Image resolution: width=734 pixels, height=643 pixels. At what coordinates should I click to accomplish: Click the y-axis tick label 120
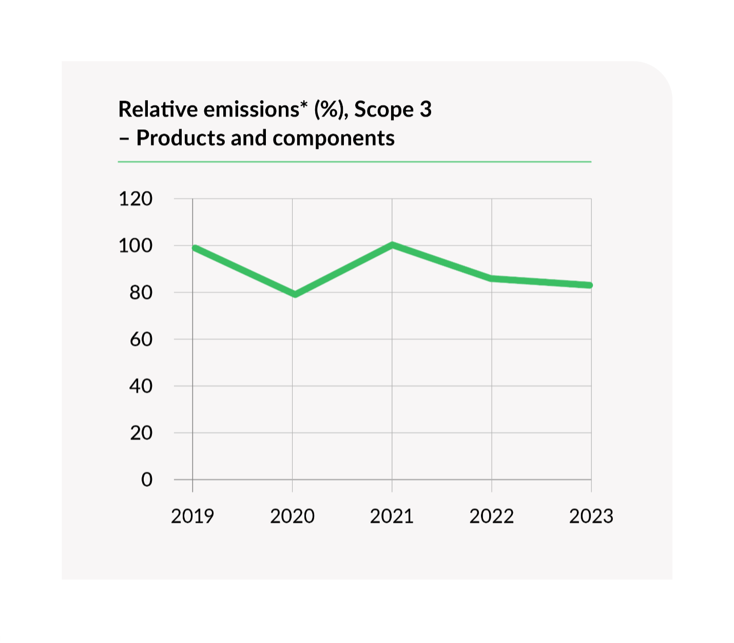136,199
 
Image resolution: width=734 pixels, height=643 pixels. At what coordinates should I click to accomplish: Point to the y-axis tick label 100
136,246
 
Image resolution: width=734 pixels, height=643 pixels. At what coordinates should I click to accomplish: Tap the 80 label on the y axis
141,293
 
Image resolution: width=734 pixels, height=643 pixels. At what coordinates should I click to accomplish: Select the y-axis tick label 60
141,339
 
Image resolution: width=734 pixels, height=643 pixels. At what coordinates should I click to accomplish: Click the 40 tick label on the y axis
141,386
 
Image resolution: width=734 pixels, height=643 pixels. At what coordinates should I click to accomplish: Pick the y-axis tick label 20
141,433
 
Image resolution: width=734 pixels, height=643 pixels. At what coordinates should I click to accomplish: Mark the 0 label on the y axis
147,480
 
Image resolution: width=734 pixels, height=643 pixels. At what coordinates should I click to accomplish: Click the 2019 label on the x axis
192,516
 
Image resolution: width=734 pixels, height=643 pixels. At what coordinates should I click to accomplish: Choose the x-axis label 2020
292,516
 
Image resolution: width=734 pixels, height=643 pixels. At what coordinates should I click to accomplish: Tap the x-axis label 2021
392,516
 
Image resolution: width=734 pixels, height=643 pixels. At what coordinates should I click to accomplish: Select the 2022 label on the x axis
491,516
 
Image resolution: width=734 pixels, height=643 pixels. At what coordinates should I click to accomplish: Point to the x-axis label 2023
591,516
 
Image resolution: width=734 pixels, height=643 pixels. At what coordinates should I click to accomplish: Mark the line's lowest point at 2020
295,294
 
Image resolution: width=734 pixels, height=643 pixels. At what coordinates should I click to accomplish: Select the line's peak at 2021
392,245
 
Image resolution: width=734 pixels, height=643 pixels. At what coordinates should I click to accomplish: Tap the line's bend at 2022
492,278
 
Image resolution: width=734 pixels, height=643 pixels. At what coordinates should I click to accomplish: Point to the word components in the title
334,138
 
